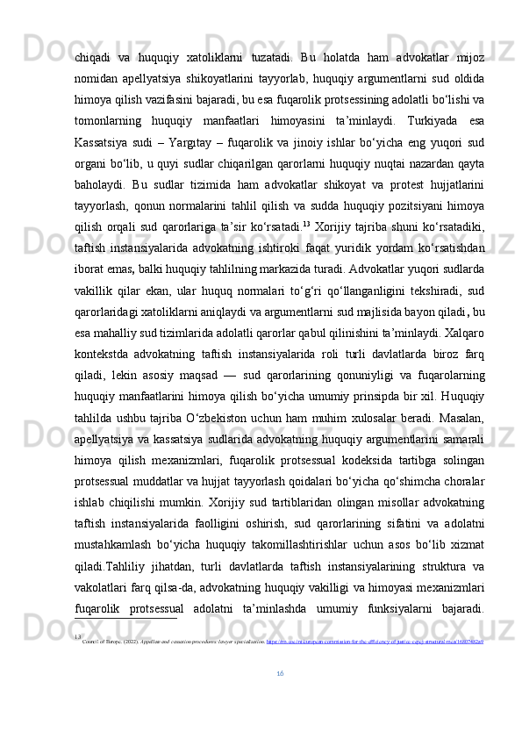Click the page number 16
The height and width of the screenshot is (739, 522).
[280, 698]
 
